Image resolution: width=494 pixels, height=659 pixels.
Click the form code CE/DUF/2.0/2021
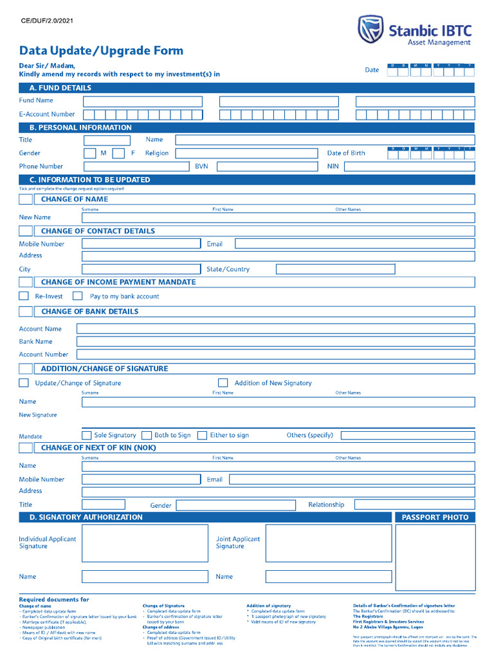[47, 21]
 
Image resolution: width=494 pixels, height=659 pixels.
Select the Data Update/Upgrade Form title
[101, 51]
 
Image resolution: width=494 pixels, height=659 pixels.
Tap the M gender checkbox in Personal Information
[90, 153]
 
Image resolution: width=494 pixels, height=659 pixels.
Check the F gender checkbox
[118, 153]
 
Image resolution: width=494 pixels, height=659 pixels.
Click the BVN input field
[267, 167]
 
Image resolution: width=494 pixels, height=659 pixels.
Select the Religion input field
[247, 153]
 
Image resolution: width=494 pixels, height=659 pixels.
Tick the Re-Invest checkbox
[24, 296]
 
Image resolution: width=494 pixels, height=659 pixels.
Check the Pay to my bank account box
[78, 296]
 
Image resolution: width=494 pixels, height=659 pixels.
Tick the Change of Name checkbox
[26, 200]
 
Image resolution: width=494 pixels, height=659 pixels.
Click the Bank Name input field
[275, 342]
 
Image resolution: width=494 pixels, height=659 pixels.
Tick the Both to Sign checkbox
[147, 435]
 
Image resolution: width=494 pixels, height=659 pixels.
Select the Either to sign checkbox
[202, 435]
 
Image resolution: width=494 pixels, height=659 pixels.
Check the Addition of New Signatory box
[223, 383]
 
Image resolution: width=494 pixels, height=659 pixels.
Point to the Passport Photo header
[435, 517]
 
